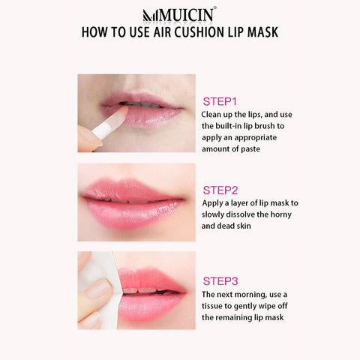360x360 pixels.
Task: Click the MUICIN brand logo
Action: tap(179, 14)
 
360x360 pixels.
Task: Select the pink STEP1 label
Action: tap(220, 101)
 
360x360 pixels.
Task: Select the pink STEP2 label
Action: tap(220, 190)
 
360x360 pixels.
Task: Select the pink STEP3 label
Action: tap(220, 281)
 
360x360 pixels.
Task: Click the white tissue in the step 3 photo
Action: tap(105, 287)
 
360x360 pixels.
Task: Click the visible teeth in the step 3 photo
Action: tap(141, 290)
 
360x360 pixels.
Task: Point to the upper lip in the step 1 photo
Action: tap(140, 98)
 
